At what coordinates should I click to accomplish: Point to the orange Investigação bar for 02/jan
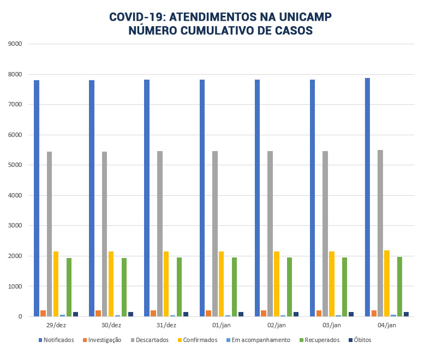point(264,313)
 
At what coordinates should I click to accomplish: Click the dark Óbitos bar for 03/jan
point(351,314)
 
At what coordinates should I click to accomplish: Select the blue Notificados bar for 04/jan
point(367,197)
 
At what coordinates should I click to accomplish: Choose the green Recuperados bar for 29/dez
point(69,287)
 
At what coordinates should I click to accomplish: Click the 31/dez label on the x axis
point(166,325)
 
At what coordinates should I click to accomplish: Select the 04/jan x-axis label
point(386,325)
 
